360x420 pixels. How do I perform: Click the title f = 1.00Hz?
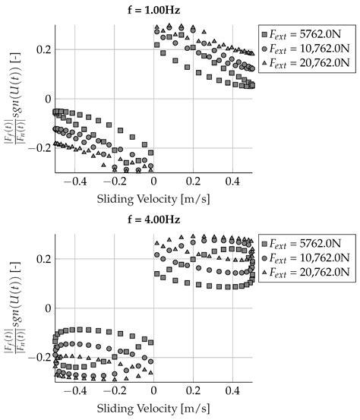click(153, 10)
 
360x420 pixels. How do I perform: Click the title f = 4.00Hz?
click(153, 221)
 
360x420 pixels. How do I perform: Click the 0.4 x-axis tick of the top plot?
click(233, 182)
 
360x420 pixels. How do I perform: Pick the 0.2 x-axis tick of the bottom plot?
click(194, 392)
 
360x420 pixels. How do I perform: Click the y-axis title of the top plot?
click(12, 99)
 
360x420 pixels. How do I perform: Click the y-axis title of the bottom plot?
click(12, 308)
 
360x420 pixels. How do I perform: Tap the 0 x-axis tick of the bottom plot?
click(153, 392)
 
